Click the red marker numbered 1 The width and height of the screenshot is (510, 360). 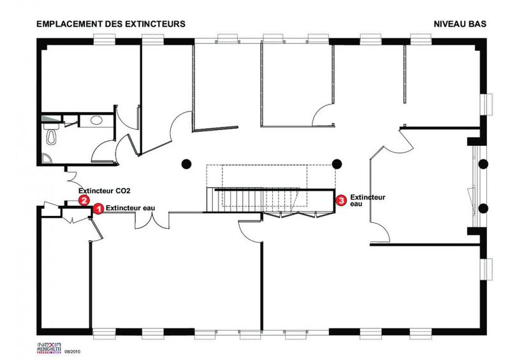click(x=98, y=208)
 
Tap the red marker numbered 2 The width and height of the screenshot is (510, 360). click(x=84, y=200)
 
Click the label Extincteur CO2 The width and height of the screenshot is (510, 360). click(x=105, y=191)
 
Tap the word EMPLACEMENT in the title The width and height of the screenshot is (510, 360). click(x=66, y=24)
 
